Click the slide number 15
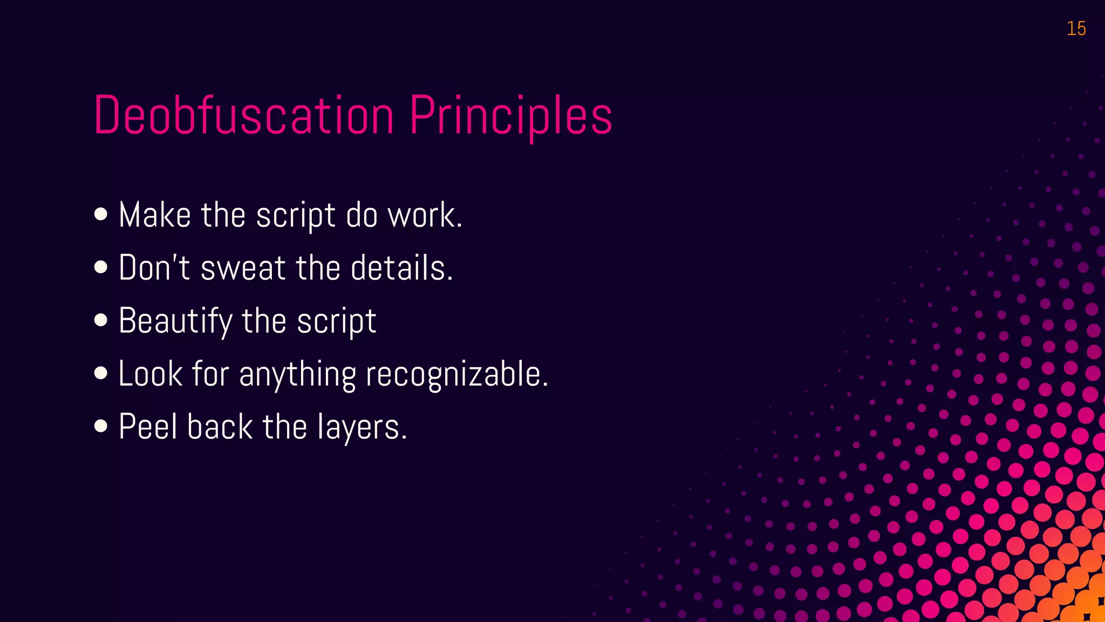[x=1076, y=29]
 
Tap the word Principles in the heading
[x=510, y=116]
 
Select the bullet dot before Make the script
[x=100, y=214]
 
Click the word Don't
[x=154, y=268]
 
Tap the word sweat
[x=243, y=268]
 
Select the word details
[x=401, y=268]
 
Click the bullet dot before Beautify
[x=100, y=320]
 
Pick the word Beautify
[x=175, y=321]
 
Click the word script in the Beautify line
[x=337, y=321]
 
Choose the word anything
[x=297, y=374]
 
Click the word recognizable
[x=456, y=374]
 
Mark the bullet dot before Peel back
[x=100, y=426]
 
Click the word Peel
[x=148, y=427]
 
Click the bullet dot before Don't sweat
[x=100, y=267]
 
